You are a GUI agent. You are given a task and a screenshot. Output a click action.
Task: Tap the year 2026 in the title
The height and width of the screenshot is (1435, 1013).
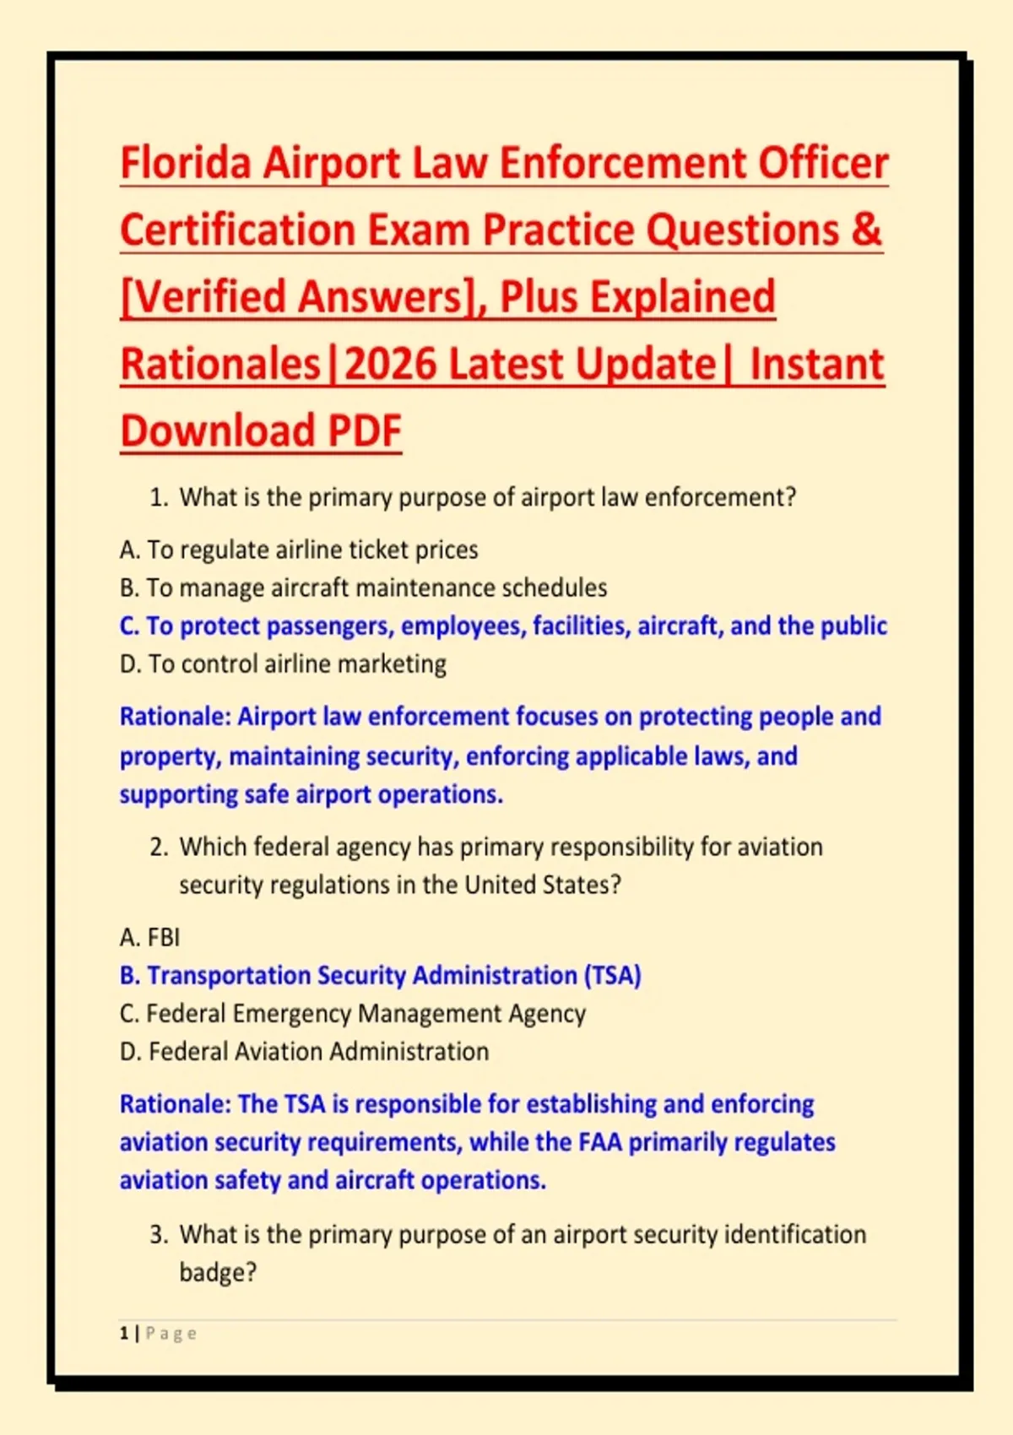(x=389, y=364)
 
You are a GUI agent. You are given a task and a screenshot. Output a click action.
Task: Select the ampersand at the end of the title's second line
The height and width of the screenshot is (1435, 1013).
(x=867, y=230)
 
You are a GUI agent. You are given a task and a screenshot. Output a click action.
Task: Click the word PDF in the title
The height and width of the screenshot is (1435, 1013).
(x=365, y=430)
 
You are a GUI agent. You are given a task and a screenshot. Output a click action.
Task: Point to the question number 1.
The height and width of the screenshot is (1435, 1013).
(x=158, y=498)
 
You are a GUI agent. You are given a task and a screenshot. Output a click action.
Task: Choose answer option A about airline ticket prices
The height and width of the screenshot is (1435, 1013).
(x=299, y=550)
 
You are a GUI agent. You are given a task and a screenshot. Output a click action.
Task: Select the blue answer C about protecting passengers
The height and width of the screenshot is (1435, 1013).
(x=503, y=625)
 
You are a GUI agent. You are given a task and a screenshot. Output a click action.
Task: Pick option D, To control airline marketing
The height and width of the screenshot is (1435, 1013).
(x=283, y=663)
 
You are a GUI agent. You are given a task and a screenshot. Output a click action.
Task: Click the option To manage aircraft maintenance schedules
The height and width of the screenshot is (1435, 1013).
(x=363, y=588)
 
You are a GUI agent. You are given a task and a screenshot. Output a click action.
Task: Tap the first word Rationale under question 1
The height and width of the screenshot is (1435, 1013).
(x=175, y=716)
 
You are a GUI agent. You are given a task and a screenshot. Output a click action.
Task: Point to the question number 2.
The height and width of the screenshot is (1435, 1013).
(x=158, y=847)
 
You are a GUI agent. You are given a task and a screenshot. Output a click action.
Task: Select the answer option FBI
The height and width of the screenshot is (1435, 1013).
(x=149, y=937)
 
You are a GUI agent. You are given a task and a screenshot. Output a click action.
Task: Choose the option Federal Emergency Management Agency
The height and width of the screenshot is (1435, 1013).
(x=352, y=1014)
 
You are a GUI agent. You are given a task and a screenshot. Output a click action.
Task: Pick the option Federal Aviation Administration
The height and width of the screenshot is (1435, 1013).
(x=304, y=1052)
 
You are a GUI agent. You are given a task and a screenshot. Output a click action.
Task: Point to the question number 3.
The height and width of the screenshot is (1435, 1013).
(x=158, y=1234)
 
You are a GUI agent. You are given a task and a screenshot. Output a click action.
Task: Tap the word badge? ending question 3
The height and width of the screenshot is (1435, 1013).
(x=218, y=1272)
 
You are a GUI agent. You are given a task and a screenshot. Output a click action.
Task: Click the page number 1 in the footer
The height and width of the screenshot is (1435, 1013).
(x=123, y=1334)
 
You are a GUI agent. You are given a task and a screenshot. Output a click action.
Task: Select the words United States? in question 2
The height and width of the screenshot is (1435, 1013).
(x=543, y=885)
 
